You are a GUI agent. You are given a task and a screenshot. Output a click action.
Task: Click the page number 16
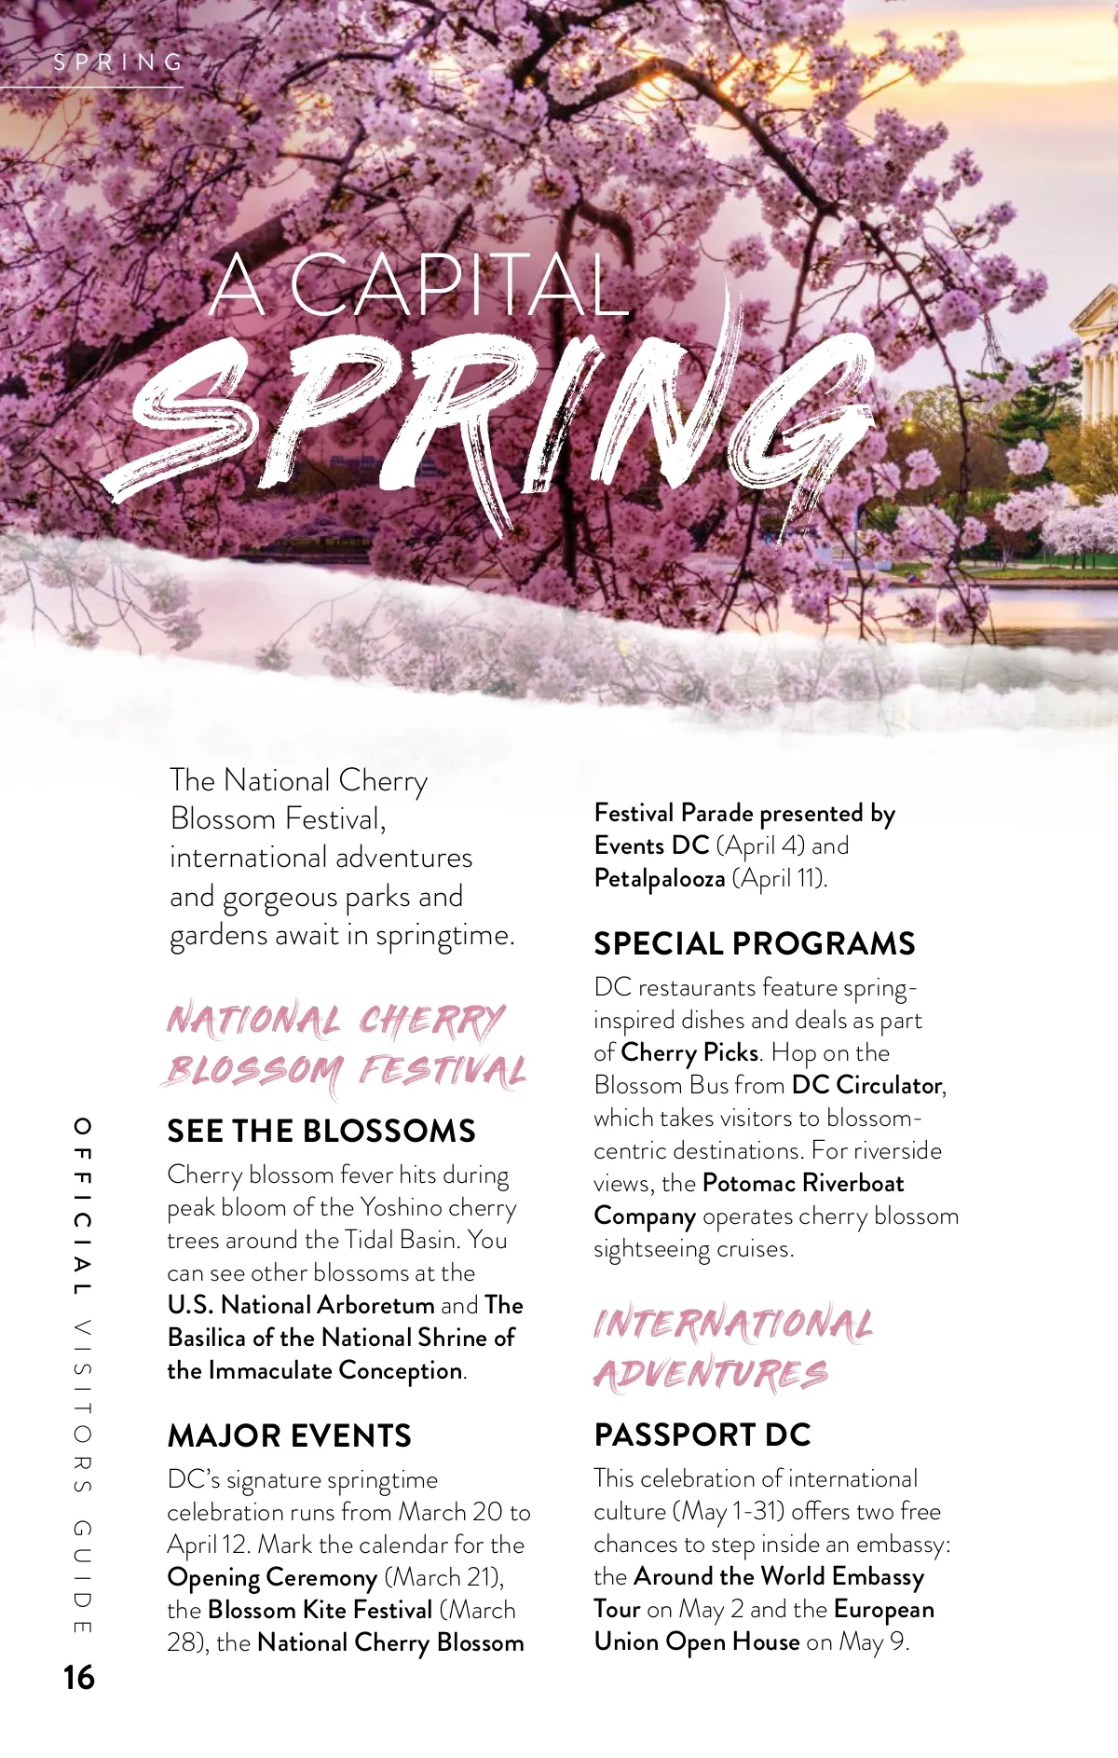pos(79,1677)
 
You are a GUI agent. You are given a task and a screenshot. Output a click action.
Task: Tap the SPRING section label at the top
pos(118,62)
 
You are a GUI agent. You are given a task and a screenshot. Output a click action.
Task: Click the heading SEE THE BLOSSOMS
pos(321,1131)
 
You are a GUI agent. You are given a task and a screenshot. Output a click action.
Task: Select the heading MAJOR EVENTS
pos(289,1435)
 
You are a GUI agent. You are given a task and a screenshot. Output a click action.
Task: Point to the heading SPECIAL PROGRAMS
pos(755,943)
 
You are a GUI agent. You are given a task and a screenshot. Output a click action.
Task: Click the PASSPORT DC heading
pos(702,1435)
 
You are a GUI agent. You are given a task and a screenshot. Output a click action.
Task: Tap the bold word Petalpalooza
pos(660,878)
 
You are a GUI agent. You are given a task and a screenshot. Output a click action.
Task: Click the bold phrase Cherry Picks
pos(689,1052)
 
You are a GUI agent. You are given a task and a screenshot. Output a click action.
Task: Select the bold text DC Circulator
pos(866,1085)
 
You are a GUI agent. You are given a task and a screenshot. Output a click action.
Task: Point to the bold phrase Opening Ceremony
pos(272,1577)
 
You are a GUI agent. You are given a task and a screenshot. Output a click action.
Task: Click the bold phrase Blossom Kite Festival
pos(320,1610)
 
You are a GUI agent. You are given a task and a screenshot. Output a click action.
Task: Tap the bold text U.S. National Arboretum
pos(301,1305)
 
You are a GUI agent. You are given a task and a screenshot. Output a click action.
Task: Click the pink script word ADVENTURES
pos(711,1375)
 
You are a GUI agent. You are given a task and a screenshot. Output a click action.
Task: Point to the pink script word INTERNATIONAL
pos(733,1324)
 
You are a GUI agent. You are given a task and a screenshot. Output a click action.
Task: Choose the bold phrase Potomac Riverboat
pos(803,1183)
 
